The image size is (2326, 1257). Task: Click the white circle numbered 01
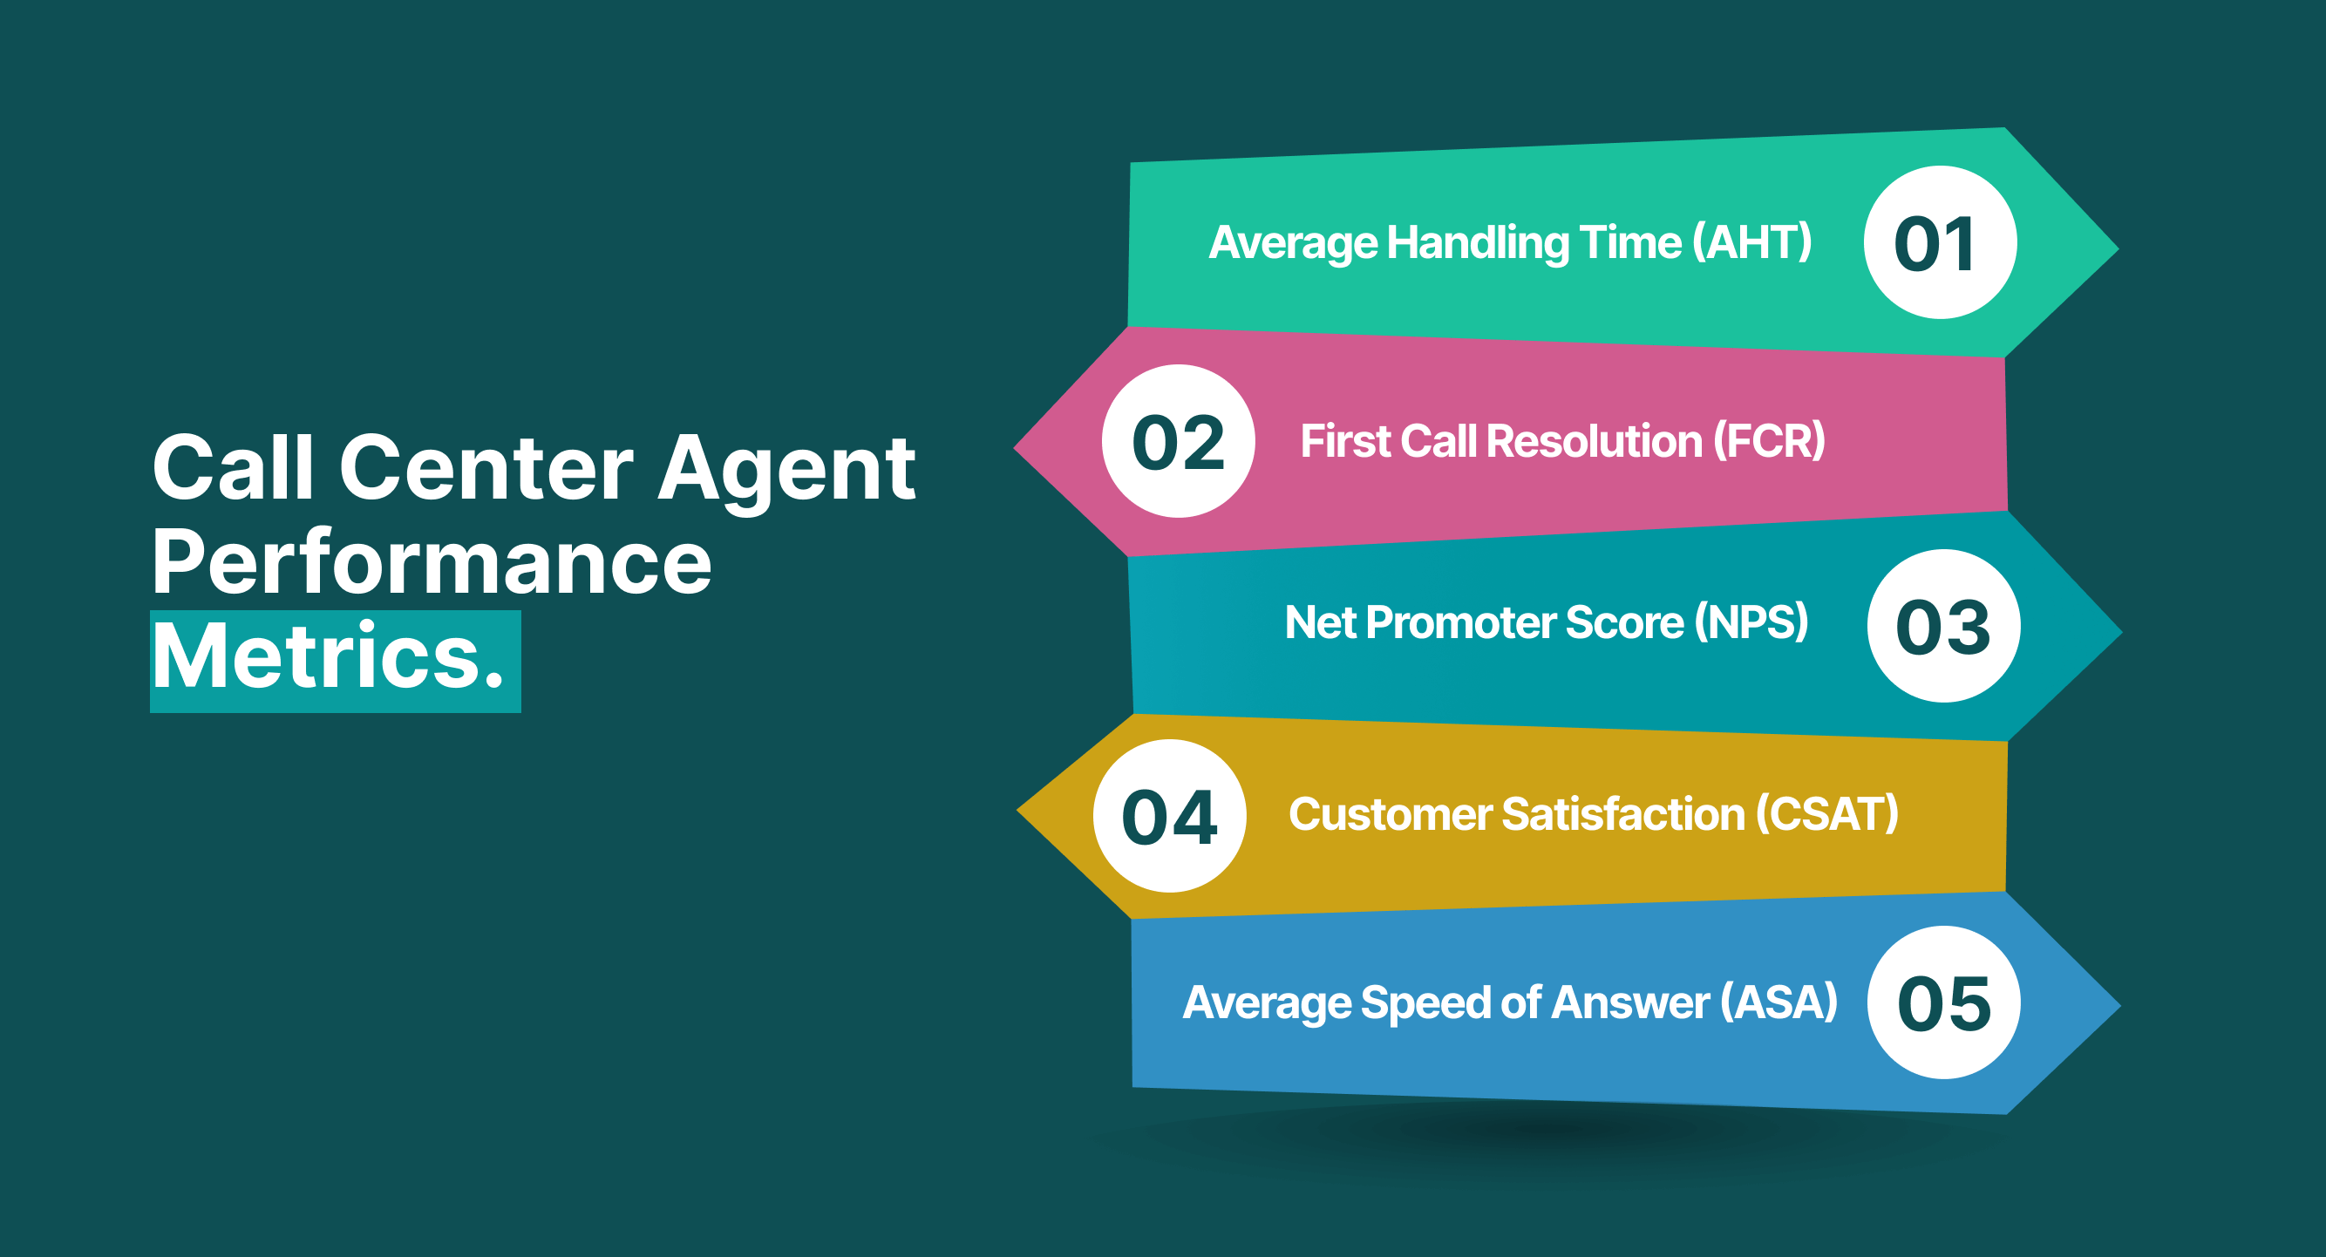pos(1940,242)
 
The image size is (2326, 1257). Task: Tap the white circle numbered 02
pos(1179,441)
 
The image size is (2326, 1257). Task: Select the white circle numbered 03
pos(1943,626)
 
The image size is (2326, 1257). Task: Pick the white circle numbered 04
pos(1169,815)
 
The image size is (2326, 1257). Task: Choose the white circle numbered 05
pos(1943,1002)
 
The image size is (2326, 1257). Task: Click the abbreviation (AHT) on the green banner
pos(1751,243)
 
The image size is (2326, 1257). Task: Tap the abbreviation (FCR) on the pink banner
pos(1769,442)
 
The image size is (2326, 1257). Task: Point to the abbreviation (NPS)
pos(1751,622)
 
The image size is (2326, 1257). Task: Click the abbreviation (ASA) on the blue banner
pos(1778,1002)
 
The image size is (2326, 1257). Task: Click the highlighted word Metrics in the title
pos(327,657)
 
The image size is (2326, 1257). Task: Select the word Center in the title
pos(486,468)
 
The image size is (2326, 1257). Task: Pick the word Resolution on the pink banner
pos(1594,442)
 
